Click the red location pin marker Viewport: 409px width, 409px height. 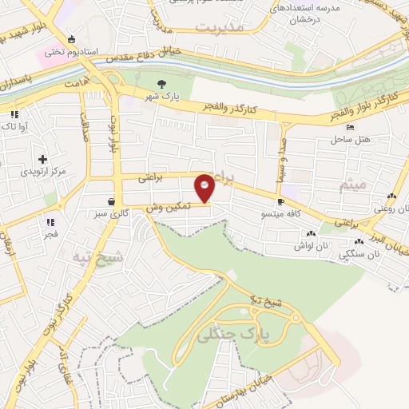(x=205, y=188)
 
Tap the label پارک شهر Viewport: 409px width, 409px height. (x=161, y=97)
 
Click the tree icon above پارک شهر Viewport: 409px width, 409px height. (x=162, y=84)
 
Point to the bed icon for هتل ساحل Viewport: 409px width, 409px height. (x=350, y=127)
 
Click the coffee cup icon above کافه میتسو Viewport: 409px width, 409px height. (x=280, y=201)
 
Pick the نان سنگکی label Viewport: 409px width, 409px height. (x=356, y=255)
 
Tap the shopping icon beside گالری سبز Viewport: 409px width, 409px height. (x=110, y=201)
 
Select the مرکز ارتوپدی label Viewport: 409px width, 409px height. (x=42, y=172)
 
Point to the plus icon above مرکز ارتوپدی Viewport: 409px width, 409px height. (x=42, y=159)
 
